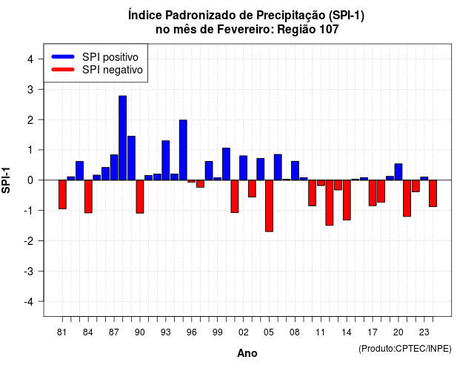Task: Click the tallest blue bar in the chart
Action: click(x=122, y=138)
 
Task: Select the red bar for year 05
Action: click(x=269, y=206)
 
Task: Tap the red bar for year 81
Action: click(x=62, y=194)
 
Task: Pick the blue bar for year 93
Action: click(x=166, y=160)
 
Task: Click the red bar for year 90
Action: click(x=140, y=197)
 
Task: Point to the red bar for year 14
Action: click(x=347, y=200)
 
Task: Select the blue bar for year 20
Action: click(x=398, y=171)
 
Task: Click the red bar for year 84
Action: click(x=88, y=197)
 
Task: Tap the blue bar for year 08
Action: click(x=295, y=171)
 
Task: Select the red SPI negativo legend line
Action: click(x=63, y=70)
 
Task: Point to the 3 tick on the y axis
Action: click(x=41, y=89)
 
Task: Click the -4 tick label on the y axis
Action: click(x=29, y=302)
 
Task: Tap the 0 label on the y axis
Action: click(x=30, y=180)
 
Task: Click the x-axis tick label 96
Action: click(x=192, y=332)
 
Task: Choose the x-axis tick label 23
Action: click(x=424, y=332)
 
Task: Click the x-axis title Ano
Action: click(x=247, y=353)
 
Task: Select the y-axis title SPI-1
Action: click(x=6, y=180)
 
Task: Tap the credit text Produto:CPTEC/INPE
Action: click(x=405, y=349)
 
